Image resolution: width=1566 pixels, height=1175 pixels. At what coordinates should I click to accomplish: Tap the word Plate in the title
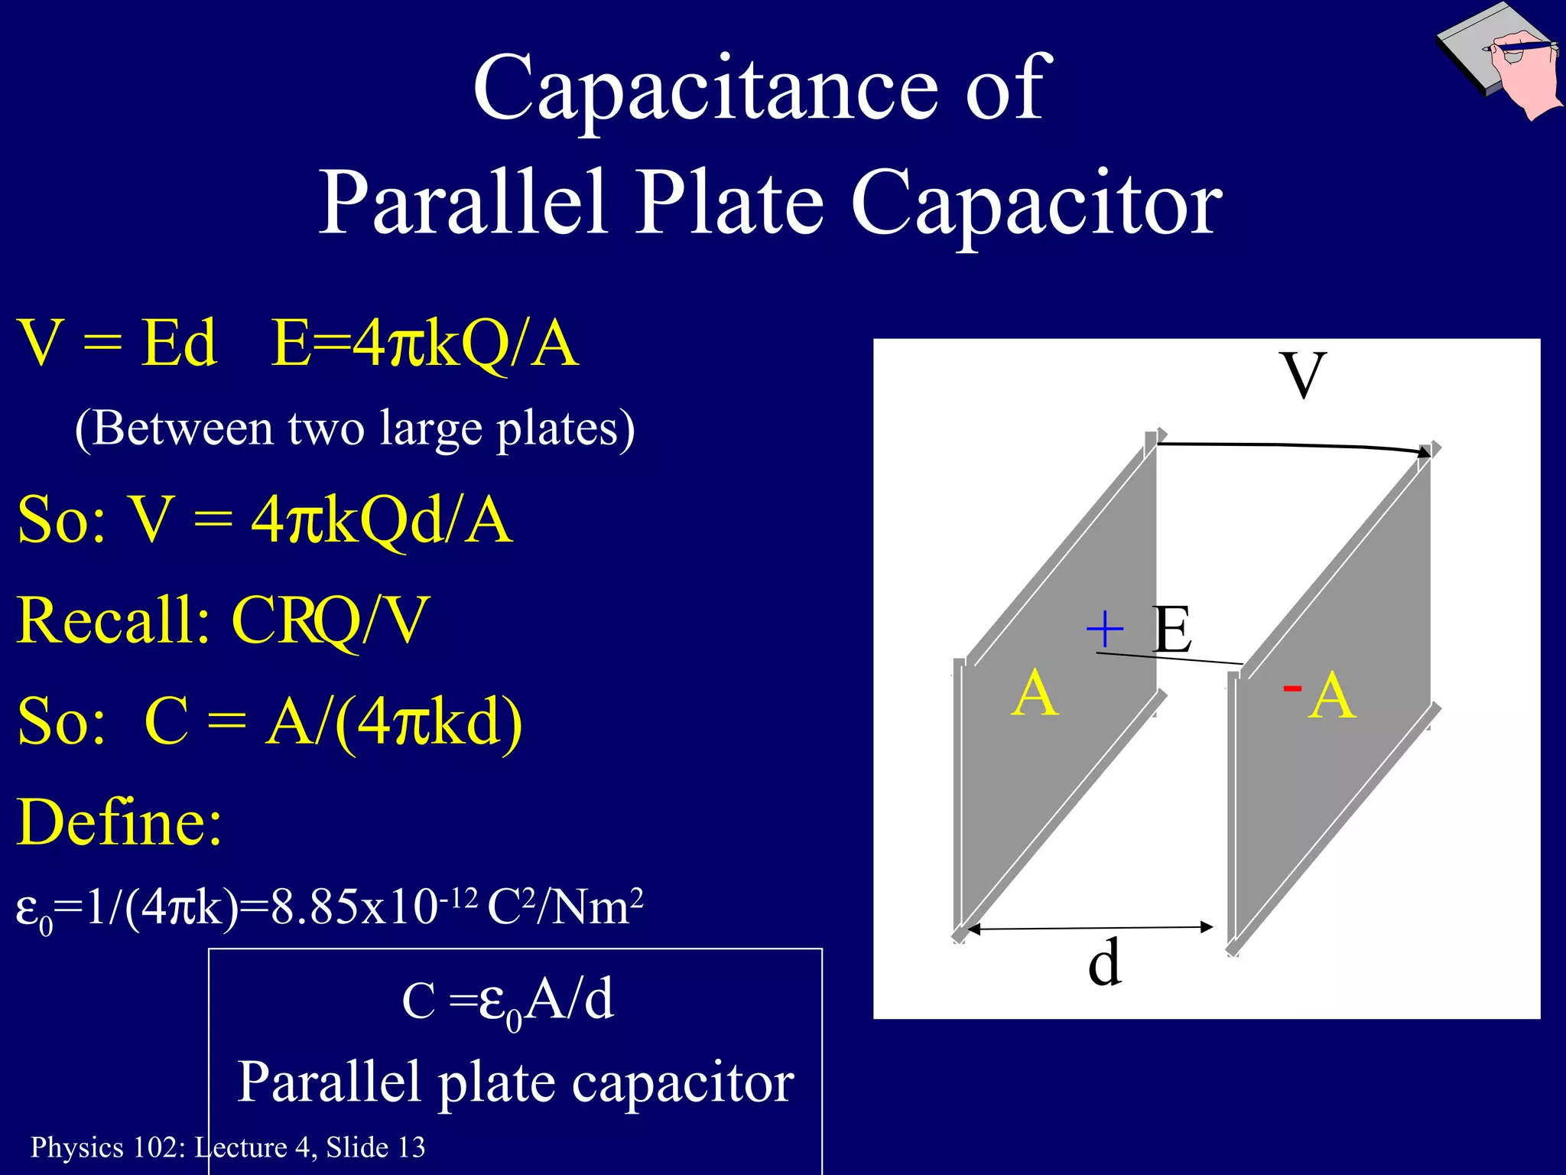730,203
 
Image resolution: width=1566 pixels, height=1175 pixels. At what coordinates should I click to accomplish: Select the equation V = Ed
117,343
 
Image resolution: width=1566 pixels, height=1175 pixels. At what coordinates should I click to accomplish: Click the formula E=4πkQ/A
425,343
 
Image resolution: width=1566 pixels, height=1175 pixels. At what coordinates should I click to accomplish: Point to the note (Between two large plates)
355,428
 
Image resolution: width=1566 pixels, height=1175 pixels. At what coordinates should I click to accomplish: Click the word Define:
120,822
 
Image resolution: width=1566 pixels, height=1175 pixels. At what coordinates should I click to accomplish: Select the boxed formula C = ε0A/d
508,1001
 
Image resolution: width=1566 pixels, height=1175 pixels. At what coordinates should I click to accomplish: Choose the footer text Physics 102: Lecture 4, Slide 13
227,1147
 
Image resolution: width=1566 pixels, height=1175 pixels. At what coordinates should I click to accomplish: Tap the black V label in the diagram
1303,375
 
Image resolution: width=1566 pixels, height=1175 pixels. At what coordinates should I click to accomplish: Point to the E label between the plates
1171,629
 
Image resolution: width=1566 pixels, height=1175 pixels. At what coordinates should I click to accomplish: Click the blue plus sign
1105,630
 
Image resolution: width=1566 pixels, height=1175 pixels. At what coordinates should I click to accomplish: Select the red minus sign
1292,688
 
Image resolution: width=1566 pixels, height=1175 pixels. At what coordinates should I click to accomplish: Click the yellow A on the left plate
1035,693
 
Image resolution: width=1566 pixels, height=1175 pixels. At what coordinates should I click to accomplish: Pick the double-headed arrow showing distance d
1090,929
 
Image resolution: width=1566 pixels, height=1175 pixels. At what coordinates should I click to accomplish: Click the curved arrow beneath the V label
1292,446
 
